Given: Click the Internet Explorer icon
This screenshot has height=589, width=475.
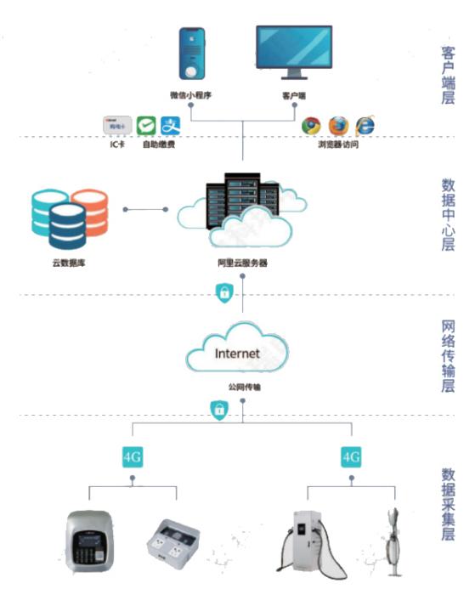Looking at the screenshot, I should coord(365,125).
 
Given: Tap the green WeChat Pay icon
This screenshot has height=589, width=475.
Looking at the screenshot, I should coord(147,126).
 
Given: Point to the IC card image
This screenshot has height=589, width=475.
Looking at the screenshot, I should coord(117,126).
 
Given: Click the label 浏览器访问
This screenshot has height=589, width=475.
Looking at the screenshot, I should coord(337,145).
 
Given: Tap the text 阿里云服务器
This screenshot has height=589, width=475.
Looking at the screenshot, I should coord(242,263).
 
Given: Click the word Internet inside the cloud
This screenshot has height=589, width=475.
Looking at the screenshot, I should coord(238,352).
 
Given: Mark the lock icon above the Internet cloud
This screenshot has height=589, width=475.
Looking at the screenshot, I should coord(222,293).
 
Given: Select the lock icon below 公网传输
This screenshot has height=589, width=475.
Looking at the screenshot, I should coord(218,411).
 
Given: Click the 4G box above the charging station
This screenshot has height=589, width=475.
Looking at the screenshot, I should coord(351,456).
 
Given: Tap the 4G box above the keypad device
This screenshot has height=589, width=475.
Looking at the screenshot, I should coord(132,456).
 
